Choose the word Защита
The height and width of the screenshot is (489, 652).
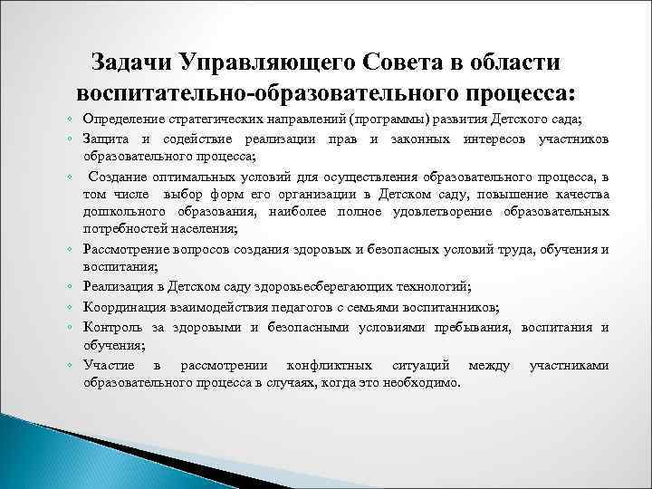(105, 138)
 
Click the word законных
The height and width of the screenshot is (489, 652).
(424, 138)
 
